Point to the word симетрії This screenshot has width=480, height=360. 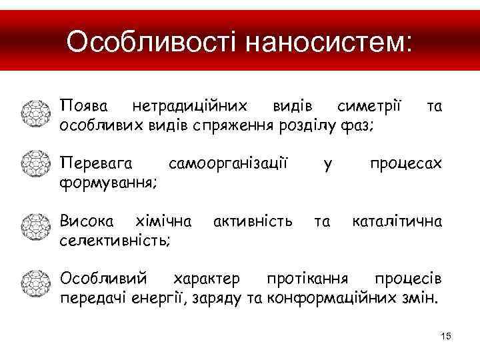(369, 105)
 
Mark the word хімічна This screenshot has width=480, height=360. (163, 221)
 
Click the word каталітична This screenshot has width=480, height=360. (397, 221)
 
